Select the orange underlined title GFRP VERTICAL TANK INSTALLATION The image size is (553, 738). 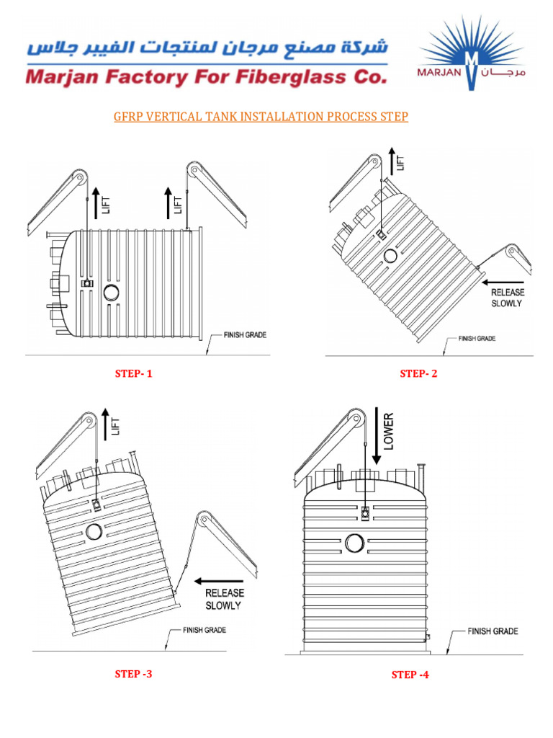click(261, 117)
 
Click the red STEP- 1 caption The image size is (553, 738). click(134, 373)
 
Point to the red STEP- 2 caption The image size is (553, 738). click(419, 373)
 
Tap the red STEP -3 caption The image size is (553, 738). click(134, 675)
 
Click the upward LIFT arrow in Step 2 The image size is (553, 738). click(392, 160)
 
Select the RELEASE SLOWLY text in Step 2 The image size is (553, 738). click(508, 298)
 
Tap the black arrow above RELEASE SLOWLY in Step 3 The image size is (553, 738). click(221, 580)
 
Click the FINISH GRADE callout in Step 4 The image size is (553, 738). click(493, 631)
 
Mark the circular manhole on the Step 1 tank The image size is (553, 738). click(112, 292)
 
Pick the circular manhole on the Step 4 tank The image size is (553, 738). click(354, 543)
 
